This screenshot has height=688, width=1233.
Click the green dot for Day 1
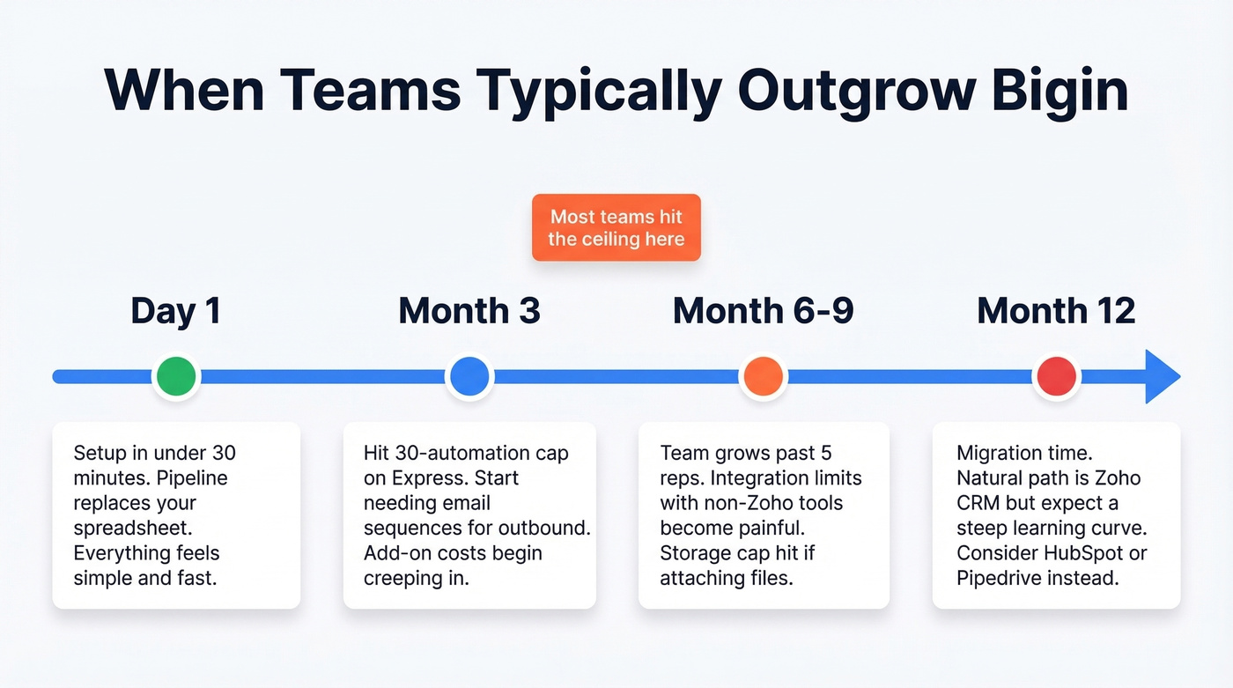(x=176, y=377)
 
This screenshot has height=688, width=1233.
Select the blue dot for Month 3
(x=469, y=377)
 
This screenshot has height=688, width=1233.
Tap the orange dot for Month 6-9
(x=763, y=377)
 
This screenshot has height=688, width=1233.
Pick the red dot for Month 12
(x=1056, y=377)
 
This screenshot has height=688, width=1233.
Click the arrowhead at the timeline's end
(x=1162, y=377)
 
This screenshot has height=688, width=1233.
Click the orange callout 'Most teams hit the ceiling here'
(x=616, y=227)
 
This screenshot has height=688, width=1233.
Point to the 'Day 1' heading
(x=176, y=311)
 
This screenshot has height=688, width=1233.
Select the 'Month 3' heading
(x=469, y=311)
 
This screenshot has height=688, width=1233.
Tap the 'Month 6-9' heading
(x=763, y=311)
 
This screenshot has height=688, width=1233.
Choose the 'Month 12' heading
(x=1056, y=311)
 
